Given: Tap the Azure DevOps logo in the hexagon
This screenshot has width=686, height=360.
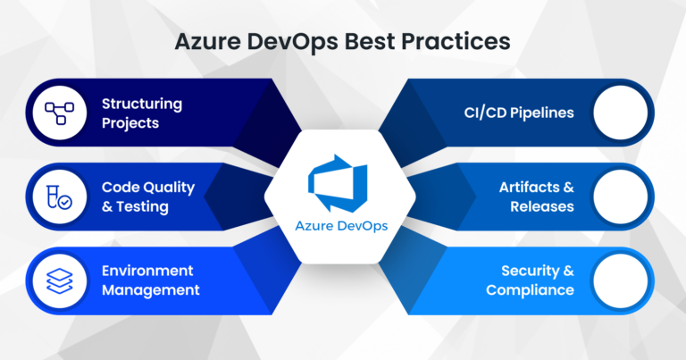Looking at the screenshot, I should [343, 182].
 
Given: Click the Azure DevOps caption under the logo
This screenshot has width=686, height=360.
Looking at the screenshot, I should [343, 225].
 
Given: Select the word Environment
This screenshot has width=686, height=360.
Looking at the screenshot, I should [146, 271].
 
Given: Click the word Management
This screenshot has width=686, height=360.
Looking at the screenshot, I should [150, 290].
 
